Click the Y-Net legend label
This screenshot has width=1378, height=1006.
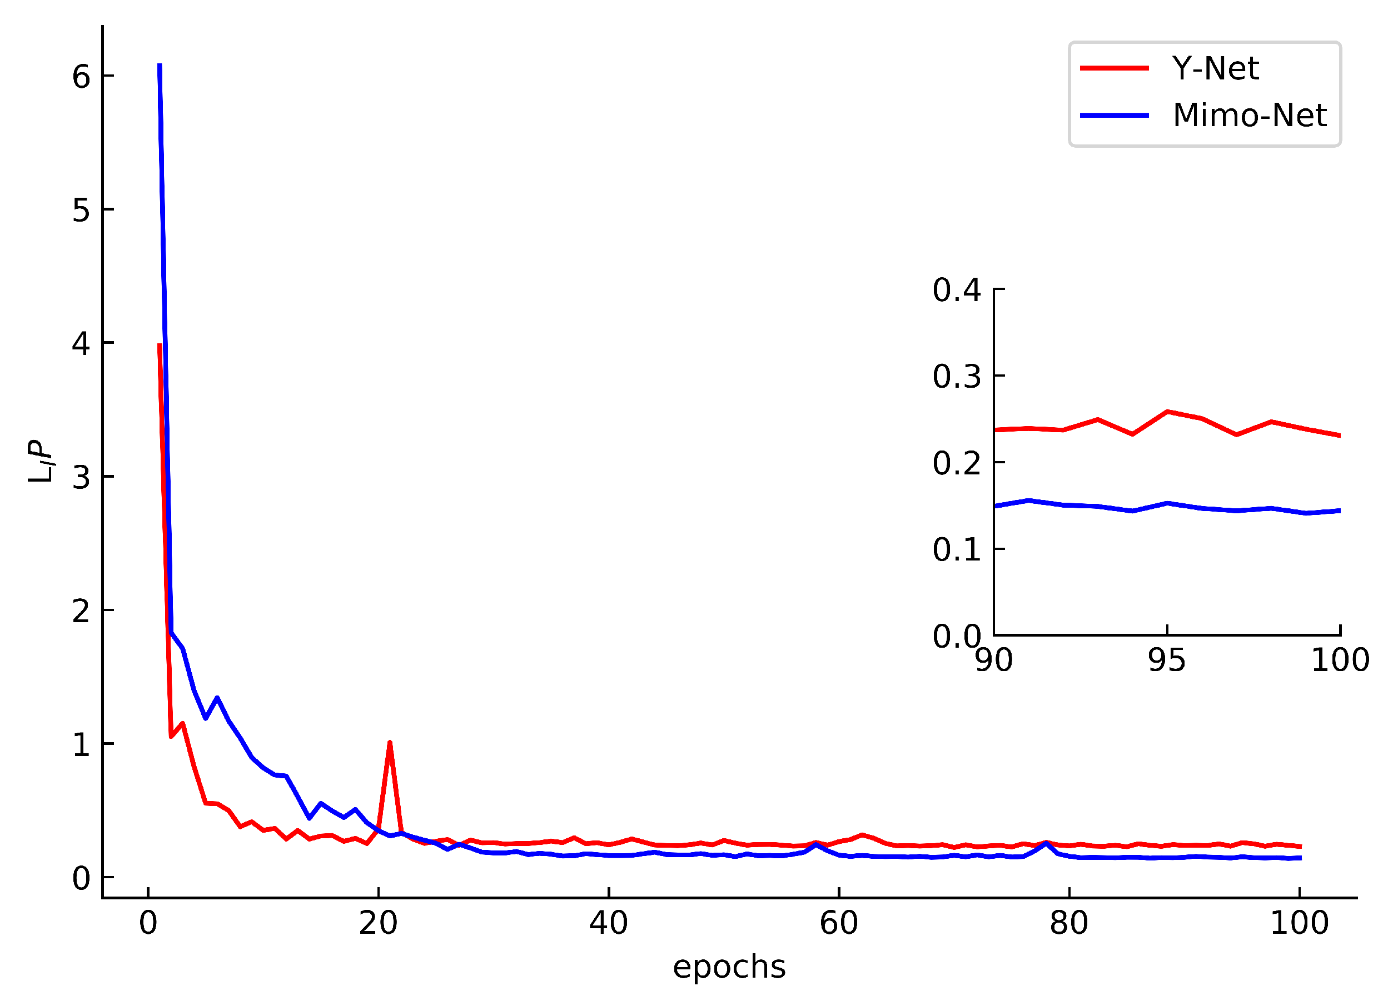point(1214,68)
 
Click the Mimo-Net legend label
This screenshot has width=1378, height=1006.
point(1249,116)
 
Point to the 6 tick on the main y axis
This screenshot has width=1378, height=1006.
point(81,77)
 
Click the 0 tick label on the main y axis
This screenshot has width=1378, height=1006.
point(81,879)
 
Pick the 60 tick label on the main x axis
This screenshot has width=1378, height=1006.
point(838,924)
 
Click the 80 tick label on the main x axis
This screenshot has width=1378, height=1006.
point(1068,924)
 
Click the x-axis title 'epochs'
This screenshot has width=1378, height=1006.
point(729,967)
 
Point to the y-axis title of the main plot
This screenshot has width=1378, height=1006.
point(40,461)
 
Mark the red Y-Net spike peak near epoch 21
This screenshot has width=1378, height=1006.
point(389,743)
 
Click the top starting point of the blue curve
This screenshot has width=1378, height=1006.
point(160,64)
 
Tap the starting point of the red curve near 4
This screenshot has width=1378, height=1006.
point(160,346)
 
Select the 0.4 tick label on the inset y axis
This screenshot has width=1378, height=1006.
point(957,290)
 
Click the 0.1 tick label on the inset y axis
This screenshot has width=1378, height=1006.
point(957,550)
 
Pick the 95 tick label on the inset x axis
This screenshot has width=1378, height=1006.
point(1167,660)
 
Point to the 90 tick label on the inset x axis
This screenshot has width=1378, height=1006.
point(993,660)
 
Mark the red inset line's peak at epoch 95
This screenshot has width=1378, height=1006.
point(1167,412)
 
